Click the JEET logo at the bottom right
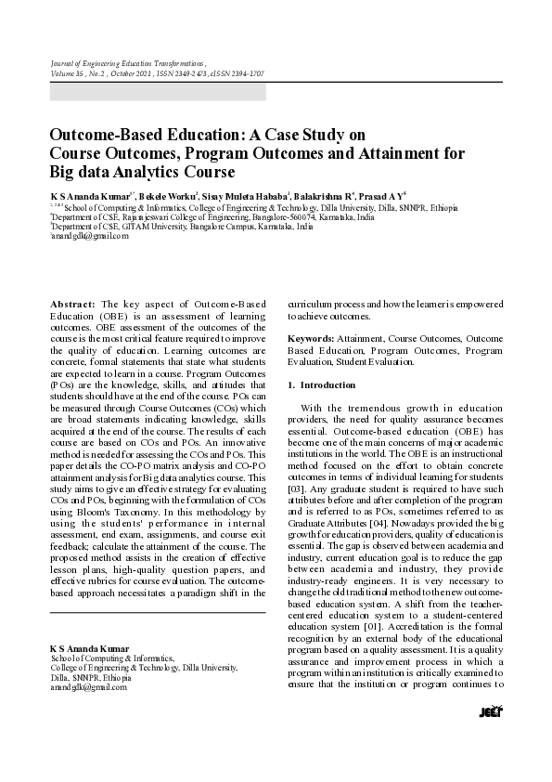[490, 711]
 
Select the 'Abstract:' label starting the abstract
[72, 304]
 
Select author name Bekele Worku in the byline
[171, 198]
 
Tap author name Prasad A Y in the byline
[384, 198]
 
